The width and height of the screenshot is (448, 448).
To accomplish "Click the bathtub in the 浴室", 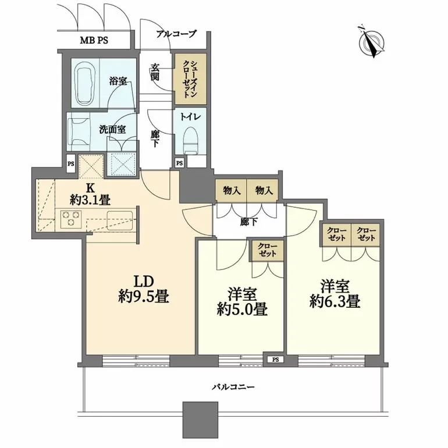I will tap(88, 81).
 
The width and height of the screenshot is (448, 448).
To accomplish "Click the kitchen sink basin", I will tap(119, 221).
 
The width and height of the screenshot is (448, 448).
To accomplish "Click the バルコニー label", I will tap(234, 387).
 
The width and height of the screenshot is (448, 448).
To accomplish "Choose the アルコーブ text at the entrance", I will tap(176, 34).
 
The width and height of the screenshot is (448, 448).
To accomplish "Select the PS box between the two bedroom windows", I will tap(273, 360).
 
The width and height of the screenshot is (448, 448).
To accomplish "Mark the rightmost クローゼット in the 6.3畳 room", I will tap(367, 234).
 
